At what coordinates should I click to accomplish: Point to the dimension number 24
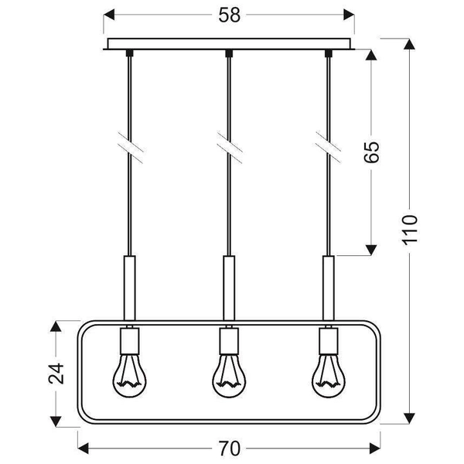[54, 374]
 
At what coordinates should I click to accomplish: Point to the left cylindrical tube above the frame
[128, 285]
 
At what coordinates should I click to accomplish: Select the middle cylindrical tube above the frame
[229, 285]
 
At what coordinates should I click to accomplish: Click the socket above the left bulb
[128, 339]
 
